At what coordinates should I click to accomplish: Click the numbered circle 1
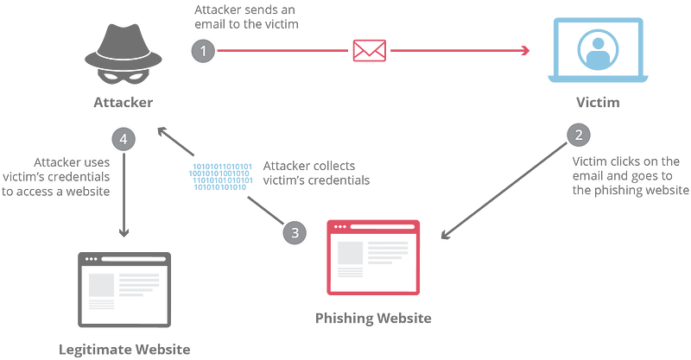point(203,51)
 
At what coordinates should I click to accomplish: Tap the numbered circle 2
point(579,135)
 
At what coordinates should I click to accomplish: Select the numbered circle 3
point(295,232)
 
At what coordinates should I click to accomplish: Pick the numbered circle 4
point(124,139)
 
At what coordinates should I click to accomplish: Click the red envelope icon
point(370,51)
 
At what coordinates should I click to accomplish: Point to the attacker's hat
point(124,47)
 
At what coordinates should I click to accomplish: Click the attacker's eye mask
point(124,77)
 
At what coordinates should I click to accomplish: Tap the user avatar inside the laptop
point(598,50)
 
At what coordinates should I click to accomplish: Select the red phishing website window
point(373,257)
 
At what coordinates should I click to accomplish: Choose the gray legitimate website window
point(124,289)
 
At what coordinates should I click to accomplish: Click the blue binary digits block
point(221,177)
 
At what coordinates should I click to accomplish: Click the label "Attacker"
point(124,102)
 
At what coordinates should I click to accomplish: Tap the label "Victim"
point(598,102)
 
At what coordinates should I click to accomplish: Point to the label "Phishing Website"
point(373,319)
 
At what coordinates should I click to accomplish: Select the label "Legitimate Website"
point(124,350)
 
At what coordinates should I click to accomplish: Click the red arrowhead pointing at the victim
point(525,51)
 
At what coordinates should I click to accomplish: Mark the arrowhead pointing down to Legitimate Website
point(124,232)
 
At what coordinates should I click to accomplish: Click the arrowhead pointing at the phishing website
point(446,235)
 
